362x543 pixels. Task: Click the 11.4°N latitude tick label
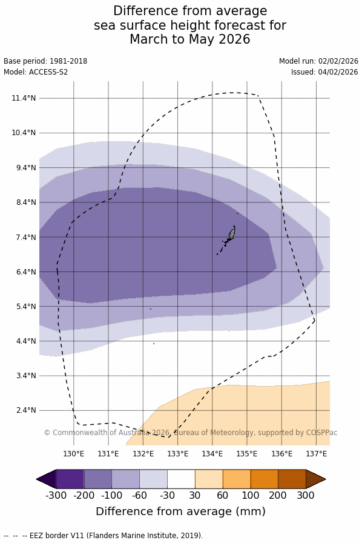pos(24,98)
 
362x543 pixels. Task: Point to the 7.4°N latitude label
pos(26,238)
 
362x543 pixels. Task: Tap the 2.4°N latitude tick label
pos(26,410)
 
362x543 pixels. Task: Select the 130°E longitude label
pos(74,454)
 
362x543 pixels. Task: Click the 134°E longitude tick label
pos(212,454)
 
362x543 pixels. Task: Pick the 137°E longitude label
pos(317,454)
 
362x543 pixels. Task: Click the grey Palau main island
pos(231,233)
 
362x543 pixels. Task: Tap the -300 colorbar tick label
pos(56,495)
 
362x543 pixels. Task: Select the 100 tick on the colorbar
pos(251,495)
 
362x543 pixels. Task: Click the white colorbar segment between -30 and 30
pos(181,479)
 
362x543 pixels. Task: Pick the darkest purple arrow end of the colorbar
pos(46,479)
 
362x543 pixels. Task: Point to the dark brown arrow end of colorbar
pos(315,479)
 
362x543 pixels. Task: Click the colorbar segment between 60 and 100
pos(237,479)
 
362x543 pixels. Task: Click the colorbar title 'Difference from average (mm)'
pos(180,511)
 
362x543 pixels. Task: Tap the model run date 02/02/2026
pos(338,61)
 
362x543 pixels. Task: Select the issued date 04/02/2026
pos(338,72)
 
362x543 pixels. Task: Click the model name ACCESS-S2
pos(48,72)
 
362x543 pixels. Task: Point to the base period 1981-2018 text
pos(68,61)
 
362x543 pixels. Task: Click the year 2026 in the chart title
pos(234,39)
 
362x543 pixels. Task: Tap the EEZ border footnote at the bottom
pos(103,535)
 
